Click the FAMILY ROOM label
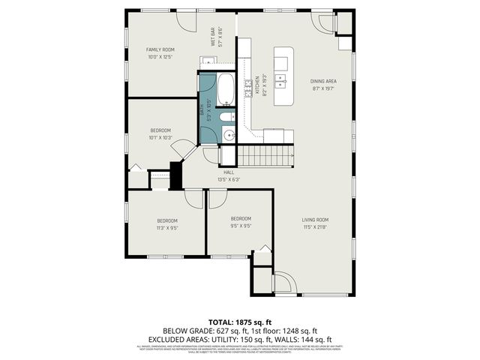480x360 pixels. [160, 49]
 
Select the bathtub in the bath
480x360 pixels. [225, 89]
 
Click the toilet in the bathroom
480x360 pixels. [228, 117]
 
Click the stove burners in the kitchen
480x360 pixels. [248, 92]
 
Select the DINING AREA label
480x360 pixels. [323, 81]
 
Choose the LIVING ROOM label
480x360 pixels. [316, 220]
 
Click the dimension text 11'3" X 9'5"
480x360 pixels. [167, 227]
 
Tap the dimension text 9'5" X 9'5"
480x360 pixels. [240, 225]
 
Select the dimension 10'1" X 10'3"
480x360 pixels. [160, 138]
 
